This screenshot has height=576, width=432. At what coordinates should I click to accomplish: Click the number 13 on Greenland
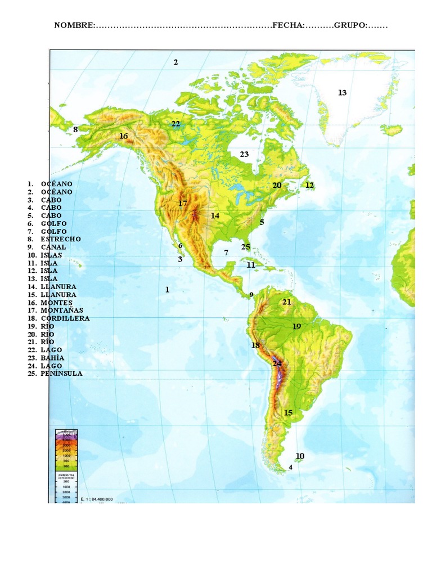point(342,93)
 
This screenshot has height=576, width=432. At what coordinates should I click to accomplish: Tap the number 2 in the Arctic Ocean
point(175,62)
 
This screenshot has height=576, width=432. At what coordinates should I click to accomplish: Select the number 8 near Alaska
point(75,129)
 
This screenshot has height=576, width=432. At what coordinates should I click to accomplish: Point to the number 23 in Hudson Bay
point(244,154)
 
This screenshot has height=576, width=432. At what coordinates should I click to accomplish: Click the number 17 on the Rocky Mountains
point(182,203)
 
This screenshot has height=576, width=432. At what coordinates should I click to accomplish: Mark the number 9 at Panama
point(251,294)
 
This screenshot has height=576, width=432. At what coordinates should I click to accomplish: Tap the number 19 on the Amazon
point(297,326)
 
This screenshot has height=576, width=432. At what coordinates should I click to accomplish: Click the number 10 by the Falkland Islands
point(300,456)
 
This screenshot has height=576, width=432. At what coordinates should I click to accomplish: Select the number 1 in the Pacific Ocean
point(167,290)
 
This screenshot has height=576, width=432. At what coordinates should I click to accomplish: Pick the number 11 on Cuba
point(251,265)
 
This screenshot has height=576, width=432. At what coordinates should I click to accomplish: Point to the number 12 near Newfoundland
point(309,185)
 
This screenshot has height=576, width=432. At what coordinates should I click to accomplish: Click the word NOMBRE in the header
point(74,25)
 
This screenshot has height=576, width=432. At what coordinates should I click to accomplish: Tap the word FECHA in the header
point(289,25)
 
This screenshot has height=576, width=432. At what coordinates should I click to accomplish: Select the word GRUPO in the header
point(350,25)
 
